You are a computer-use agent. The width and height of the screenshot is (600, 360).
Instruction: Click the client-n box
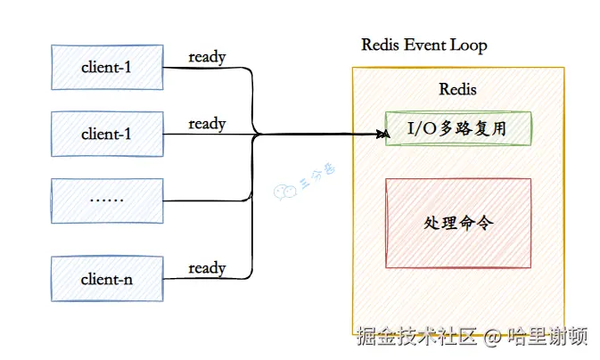coord(106,279)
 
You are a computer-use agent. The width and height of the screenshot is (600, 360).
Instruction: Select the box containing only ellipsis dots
coord(106,200)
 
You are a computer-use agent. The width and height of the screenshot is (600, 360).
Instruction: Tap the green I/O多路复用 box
coord(457,129)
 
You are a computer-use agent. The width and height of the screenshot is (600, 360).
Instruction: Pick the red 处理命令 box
coord(457,223)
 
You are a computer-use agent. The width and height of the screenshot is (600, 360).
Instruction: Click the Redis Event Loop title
coord(423,45)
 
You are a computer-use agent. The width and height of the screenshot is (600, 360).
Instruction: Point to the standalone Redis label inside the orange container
coord(457,90)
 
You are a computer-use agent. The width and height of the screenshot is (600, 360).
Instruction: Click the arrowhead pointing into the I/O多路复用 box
coord(384,135)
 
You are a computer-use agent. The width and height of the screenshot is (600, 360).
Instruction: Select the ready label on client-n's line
coord(207,267)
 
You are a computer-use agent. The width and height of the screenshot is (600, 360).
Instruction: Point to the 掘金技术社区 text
coord(415,337)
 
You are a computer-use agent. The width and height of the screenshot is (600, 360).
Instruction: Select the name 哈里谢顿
coord(547,337)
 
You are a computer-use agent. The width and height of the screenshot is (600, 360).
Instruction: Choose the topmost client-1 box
coord(106,67)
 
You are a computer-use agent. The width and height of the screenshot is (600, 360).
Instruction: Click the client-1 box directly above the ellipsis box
coord(106,134)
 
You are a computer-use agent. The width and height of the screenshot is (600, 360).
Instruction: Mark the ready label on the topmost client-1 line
coord(207,57)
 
